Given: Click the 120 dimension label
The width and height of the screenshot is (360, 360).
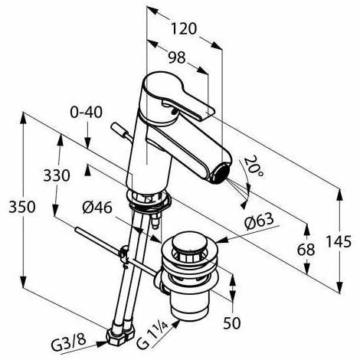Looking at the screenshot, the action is (x=184, y=28).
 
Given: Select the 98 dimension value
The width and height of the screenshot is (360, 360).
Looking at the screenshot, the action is (x=177, y=57).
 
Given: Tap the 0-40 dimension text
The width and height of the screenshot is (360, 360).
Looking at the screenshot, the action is (x=87, y=112).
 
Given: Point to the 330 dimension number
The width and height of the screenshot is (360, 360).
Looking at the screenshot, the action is (x=57, y=175).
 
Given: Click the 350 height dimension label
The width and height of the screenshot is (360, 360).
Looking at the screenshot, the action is (x=22, y=207).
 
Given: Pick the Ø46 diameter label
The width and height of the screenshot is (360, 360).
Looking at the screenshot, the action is (x=97, y=208).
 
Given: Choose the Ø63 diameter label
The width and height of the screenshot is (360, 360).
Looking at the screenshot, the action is (x=259, y=221).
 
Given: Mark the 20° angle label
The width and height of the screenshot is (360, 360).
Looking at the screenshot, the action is (x=254, y=166).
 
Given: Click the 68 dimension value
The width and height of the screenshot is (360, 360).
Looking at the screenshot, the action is (x=306, y=250).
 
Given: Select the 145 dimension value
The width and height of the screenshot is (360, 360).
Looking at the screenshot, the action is (x=339, y=241).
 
